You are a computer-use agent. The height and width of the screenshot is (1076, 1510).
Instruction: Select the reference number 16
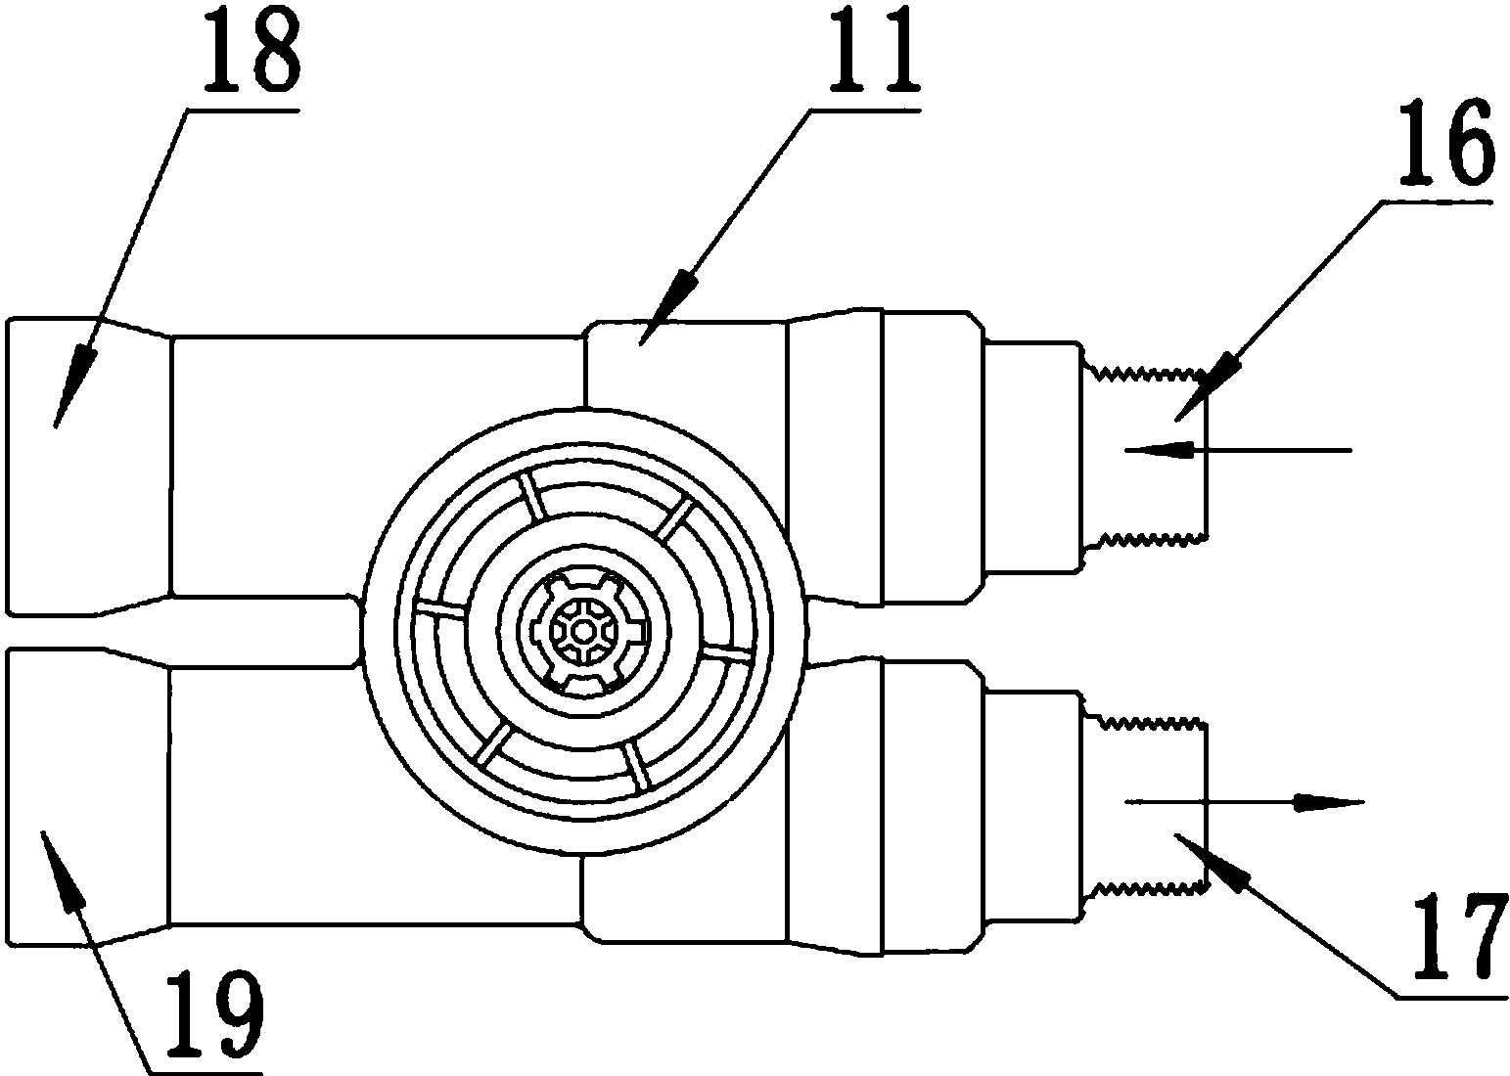[x=1443, y=147]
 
